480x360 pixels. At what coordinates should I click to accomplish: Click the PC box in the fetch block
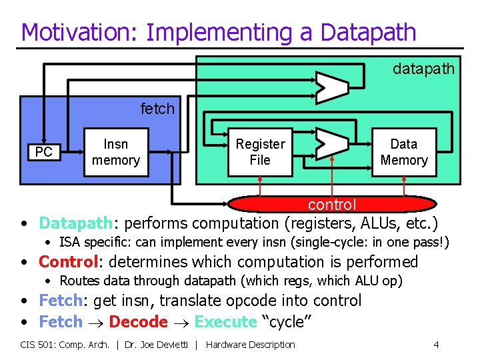44,153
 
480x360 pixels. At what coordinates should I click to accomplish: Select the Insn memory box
116,152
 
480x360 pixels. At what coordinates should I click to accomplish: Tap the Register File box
260,152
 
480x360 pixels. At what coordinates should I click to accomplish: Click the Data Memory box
403,152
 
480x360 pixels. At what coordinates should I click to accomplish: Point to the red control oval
332,203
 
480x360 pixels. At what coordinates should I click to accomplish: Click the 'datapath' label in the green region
423,69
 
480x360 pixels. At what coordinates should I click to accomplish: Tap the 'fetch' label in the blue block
157,108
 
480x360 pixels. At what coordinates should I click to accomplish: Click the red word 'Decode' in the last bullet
138,321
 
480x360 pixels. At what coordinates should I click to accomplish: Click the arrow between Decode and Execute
181,322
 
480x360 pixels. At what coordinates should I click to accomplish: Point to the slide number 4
436,345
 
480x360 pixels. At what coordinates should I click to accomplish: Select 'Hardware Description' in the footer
251,345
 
